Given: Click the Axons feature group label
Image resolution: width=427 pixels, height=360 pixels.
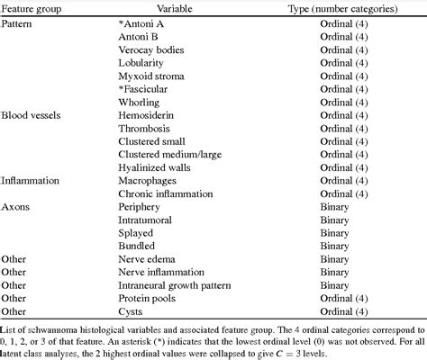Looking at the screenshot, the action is (x=15, y=206).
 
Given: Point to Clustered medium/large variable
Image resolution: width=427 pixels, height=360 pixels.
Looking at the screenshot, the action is (x=171, y=154).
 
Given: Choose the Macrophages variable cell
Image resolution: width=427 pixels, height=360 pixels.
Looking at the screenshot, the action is (x=148, y=180).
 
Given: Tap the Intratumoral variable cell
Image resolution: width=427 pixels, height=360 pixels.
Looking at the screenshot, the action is (x=146, y=219).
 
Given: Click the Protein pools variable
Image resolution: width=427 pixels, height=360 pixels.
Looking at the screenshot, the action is (x=150, y=298).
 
